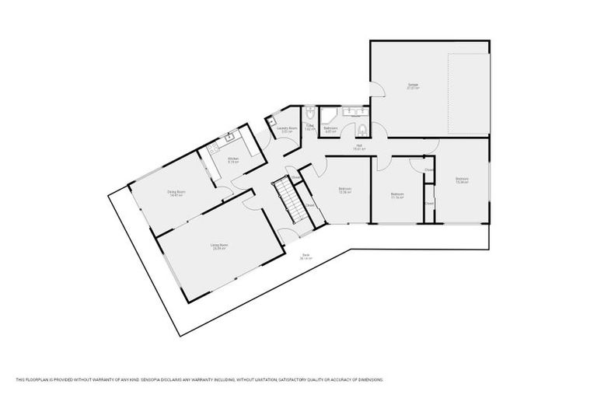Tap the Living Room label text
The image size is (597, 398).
(x=218, y=246)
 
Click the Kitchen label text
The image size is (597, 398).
(x=232, y=159)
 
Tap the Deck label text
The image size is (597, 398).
(x=306, y=257)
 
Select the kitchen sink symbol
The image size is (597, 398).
(x=229, y=138)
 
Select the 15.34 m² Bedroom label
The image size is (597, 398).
(x=462, y=180)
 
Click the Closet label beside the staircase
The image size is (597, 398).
(x=309, y=205)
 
